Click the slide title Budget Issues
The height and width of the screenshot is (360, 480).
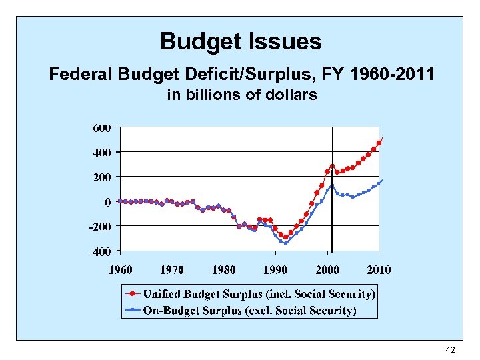coord(241,42)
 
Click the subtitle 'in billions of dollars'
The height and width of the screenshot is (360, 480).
coord(241,95)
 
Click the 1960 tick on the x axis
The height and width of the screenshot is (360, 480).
coord(121,269)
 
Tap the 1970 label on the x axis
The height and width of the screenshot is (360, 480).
coord(172,269)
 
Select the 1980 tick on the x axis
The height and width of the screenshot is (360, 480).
coord(224,269)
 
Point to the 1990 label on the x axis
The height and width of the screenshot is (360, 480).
coord(275,269)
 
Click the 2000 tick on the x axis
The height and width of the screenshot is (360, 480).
coord(327,269)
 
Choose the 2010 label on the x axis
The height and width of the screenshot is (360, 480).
coord(379,269)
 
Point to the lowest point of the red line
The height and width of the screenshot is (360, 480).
coord(285,237)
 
